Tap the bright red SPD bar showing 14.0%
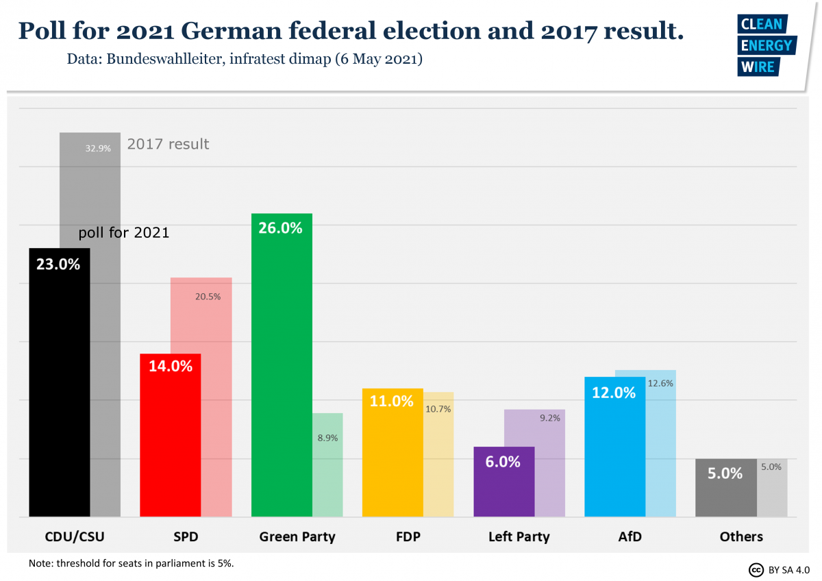pos(170,438)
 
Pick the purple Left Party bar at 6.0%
pos(503,486)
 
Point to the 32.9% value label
pos(98,148)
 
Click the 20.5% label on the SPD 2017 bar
pos(208,297)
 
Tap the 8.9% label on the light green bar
pos(327,437)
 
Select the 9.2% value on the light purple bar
pos(549,417)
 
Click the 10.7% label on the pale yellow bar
pos(438,409)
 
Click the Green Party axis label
pos(297,536)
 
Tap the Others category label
pos(741,536)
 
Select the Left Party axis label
pos(519,536)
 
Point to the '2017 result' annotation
pos(168,144)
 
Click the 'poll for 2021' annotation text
pos(124,233)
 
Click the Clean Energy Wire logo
pos(764,45)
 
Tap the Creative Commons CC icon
pos(756,569)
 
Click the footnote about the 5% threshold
pos(132,563)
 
